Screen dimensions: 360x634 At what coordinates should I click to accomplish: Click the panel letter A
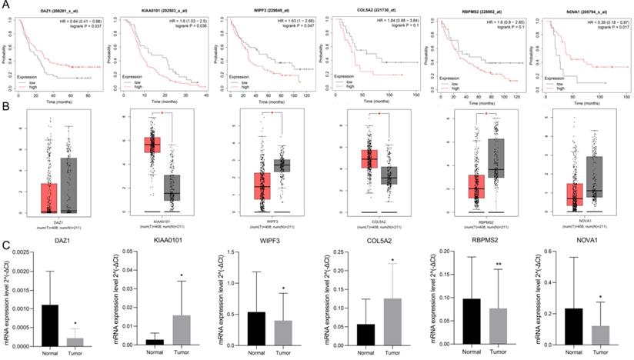tap(6, 5)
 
